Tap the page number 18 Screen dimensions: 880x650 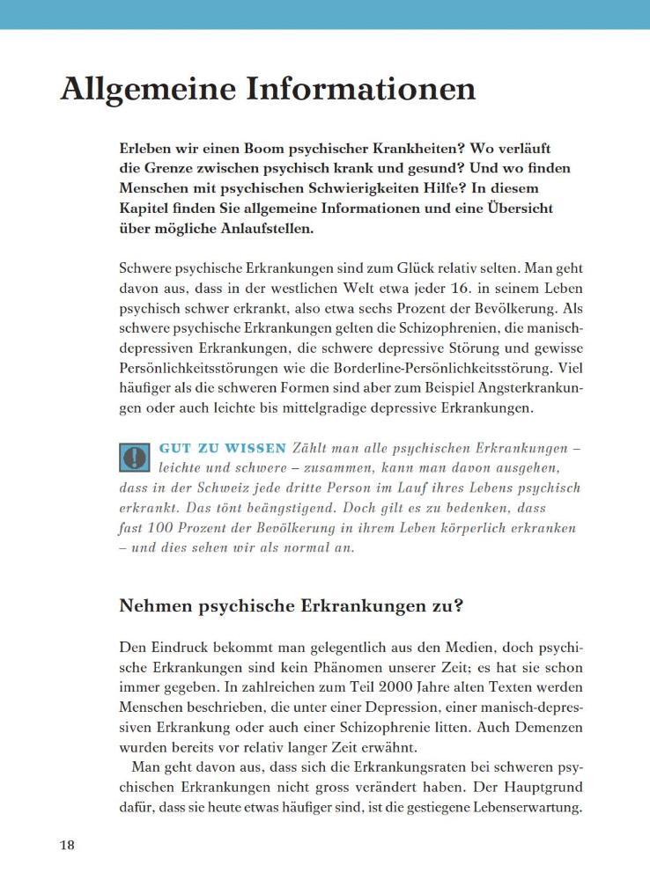point(68,845)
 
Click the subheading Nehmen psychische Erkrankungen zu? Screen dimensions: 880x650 point(292,606)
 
